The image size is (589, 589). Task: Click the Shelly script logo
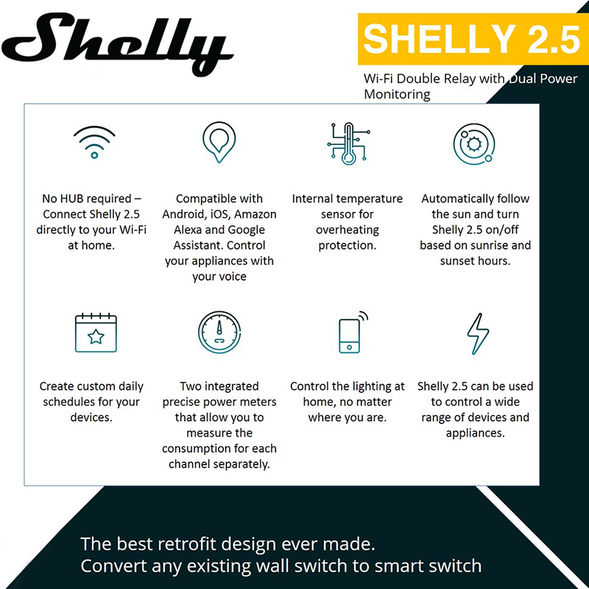116,43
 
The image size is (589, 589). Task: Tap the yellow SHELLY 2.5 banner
473,39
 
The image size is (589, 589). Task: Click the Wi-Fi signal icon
94,142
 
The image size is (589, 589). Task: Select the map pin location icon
219,142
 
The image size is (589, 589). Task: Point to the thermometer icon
348,144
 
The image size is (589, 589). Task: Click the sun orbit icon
474,144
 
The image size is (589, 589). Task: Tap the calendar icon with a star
96,333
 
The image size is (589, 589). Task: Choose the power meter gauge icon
219,332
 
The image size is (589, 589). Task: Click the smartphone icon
353,332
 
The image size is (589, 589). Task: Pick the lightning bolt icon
478,334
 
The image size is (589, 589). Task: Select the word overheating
348,230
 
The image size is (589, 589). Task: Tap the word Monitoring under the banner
397,94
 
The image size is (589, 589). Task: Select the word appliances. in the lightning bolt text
475,433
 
